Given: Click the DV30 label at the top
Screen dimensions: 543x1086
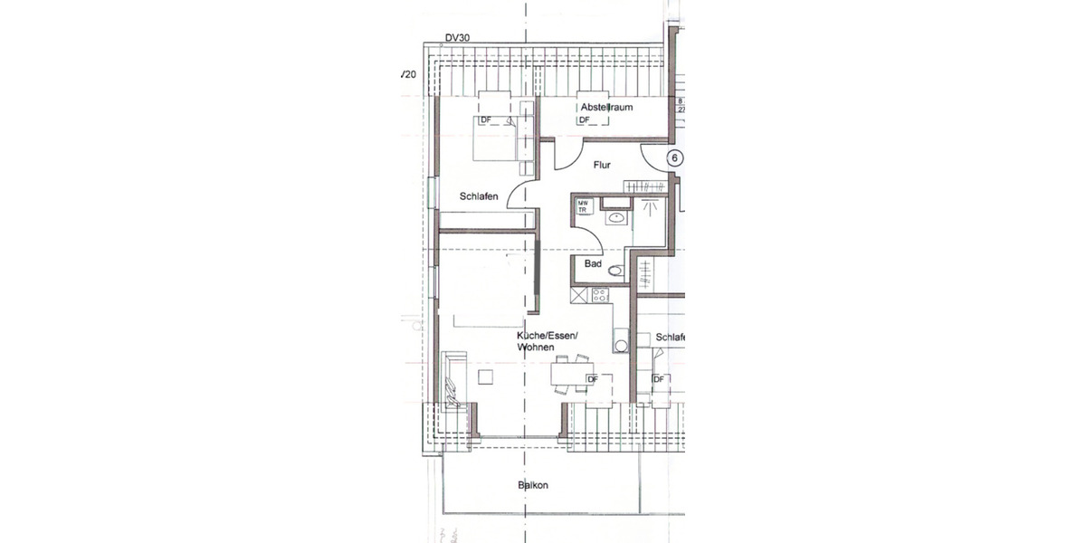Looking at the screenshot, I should point(459,38).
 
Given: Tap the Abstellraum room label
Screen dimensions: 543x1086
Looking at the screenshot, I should point(606,107).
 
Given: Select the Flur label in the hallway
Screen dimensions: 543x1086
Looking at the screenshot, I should point(603,166).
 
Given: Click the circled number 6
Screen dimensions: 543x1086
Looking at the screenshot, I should point(674,157).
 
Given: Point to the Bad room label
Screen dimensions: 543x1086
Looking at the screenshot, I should point(594,264).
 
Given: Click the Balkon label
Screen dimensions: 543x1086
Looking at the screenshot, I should point(533,485).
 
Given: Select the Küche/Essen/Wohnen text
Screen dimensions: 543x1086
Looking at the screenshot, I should point(547,341).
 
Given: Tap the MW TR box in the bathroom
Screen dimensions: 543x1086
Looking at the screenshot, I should point(584,206).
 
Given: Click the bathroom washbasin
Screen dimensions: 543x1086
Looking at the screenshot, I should point(615,216).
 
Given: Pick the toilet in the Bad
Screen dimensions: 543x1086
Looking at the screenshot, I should point(616,269).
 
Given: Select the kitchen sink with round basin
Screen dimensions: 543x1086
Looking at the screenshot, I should point(620,344).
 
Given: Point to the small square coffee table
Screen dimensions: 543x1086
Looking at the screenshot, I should point(487,376).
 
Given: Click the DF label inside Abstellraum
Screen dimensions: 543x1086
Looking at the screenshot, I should point(585,119).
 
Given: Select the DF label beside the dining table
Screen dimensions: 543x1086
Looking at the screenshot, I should point(594,378).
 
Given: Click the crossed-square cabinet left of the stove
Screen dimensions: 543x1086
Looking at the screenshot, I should point(578,294).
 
